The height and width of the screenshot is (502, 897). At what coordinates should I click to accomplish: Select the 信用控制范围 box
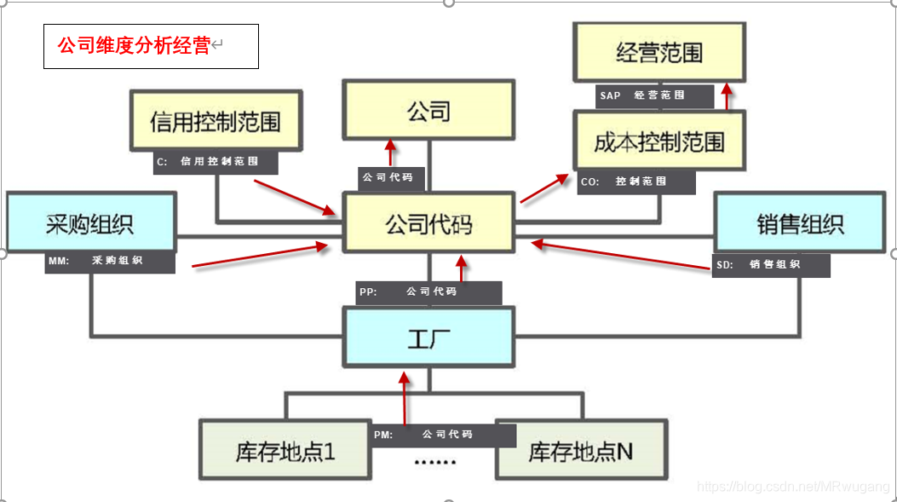coord(216,121)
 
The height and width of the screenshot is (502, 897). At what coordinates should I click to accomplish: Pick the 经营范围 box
coord(658,53)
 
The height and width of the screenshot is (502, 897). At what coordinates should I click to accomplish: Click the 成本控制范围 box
coord(658,141)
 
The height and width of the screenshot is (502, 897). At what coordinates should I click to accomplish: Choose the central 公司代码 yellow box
coord(428,223)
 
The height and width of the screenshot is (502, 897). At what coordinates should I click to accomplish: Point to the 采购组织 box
coord(90,223)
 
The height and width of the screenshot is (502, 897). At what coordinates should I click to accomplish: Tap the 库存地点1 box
coord(285,450)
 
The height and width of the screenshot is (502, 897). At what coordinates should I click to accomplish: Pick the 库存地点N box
coord(579,450)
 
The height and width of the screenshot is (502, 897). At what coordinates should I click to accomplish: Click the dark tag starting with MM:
coord(110,262)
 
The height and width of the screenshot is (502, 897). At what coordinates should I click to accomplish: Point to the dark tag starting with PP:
coord(428,291)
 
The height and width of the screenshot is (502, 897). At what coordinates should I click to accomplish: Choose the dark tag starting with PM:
coord(443,435)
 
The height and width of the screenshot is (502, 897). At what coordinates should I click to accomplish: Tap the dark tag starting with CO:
coord(635,182)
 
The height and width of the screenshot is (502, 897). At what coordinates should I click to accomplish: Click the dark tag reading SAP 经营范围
coord(653,95)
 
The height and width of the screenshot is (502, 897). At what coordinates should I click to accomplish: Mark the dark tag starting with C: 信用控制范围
coord(216,161)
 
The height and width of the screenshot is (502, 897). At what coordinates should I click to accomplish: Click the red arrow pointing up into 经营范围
coord(726,96)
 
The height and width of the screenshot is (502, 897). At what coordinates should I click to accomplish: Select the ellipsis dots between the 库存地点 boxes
coord(434,462)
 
